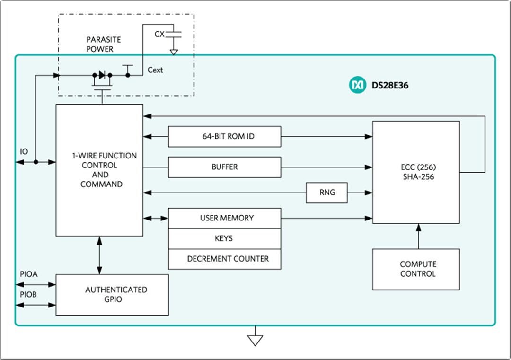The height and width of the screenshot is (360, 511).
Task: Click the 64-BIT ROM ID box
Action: (224, 137)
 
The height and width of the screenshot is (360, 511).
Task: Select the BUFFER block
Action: (224, 167)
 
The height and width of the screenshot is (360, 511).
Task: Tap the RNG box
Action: (326, 193)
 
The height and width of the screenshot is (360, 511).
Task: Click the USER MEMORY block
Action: (224, 218)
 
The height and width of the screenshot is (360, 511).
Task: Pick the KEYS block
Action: (224, 238)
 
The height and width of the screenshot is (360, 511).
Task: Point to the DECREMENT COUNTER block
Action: (224, 259)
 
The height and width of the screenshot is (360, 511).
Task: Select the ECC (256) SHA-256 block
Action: (416, 172)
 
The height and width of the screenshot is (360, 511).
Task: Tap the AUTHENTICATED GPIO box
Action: (112, 294)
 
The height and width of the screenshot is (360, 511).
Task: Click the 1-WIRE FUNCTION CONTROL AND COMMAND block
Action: (99, 170)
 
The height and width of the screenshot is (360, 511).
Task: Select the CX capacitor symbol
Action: (175, 34)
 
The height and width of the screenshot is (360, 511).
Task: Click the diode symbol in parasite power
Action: (101, 75)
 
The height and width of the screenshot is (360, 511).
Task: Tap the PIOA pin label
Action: (29, 274)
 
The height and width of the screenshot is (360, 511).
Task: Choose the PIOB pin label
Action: (29, 295)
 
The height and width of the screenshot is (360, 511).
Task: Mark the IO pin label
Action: (24, 151)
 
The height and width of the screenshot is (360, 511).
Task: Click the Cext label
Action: (155, 70)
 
